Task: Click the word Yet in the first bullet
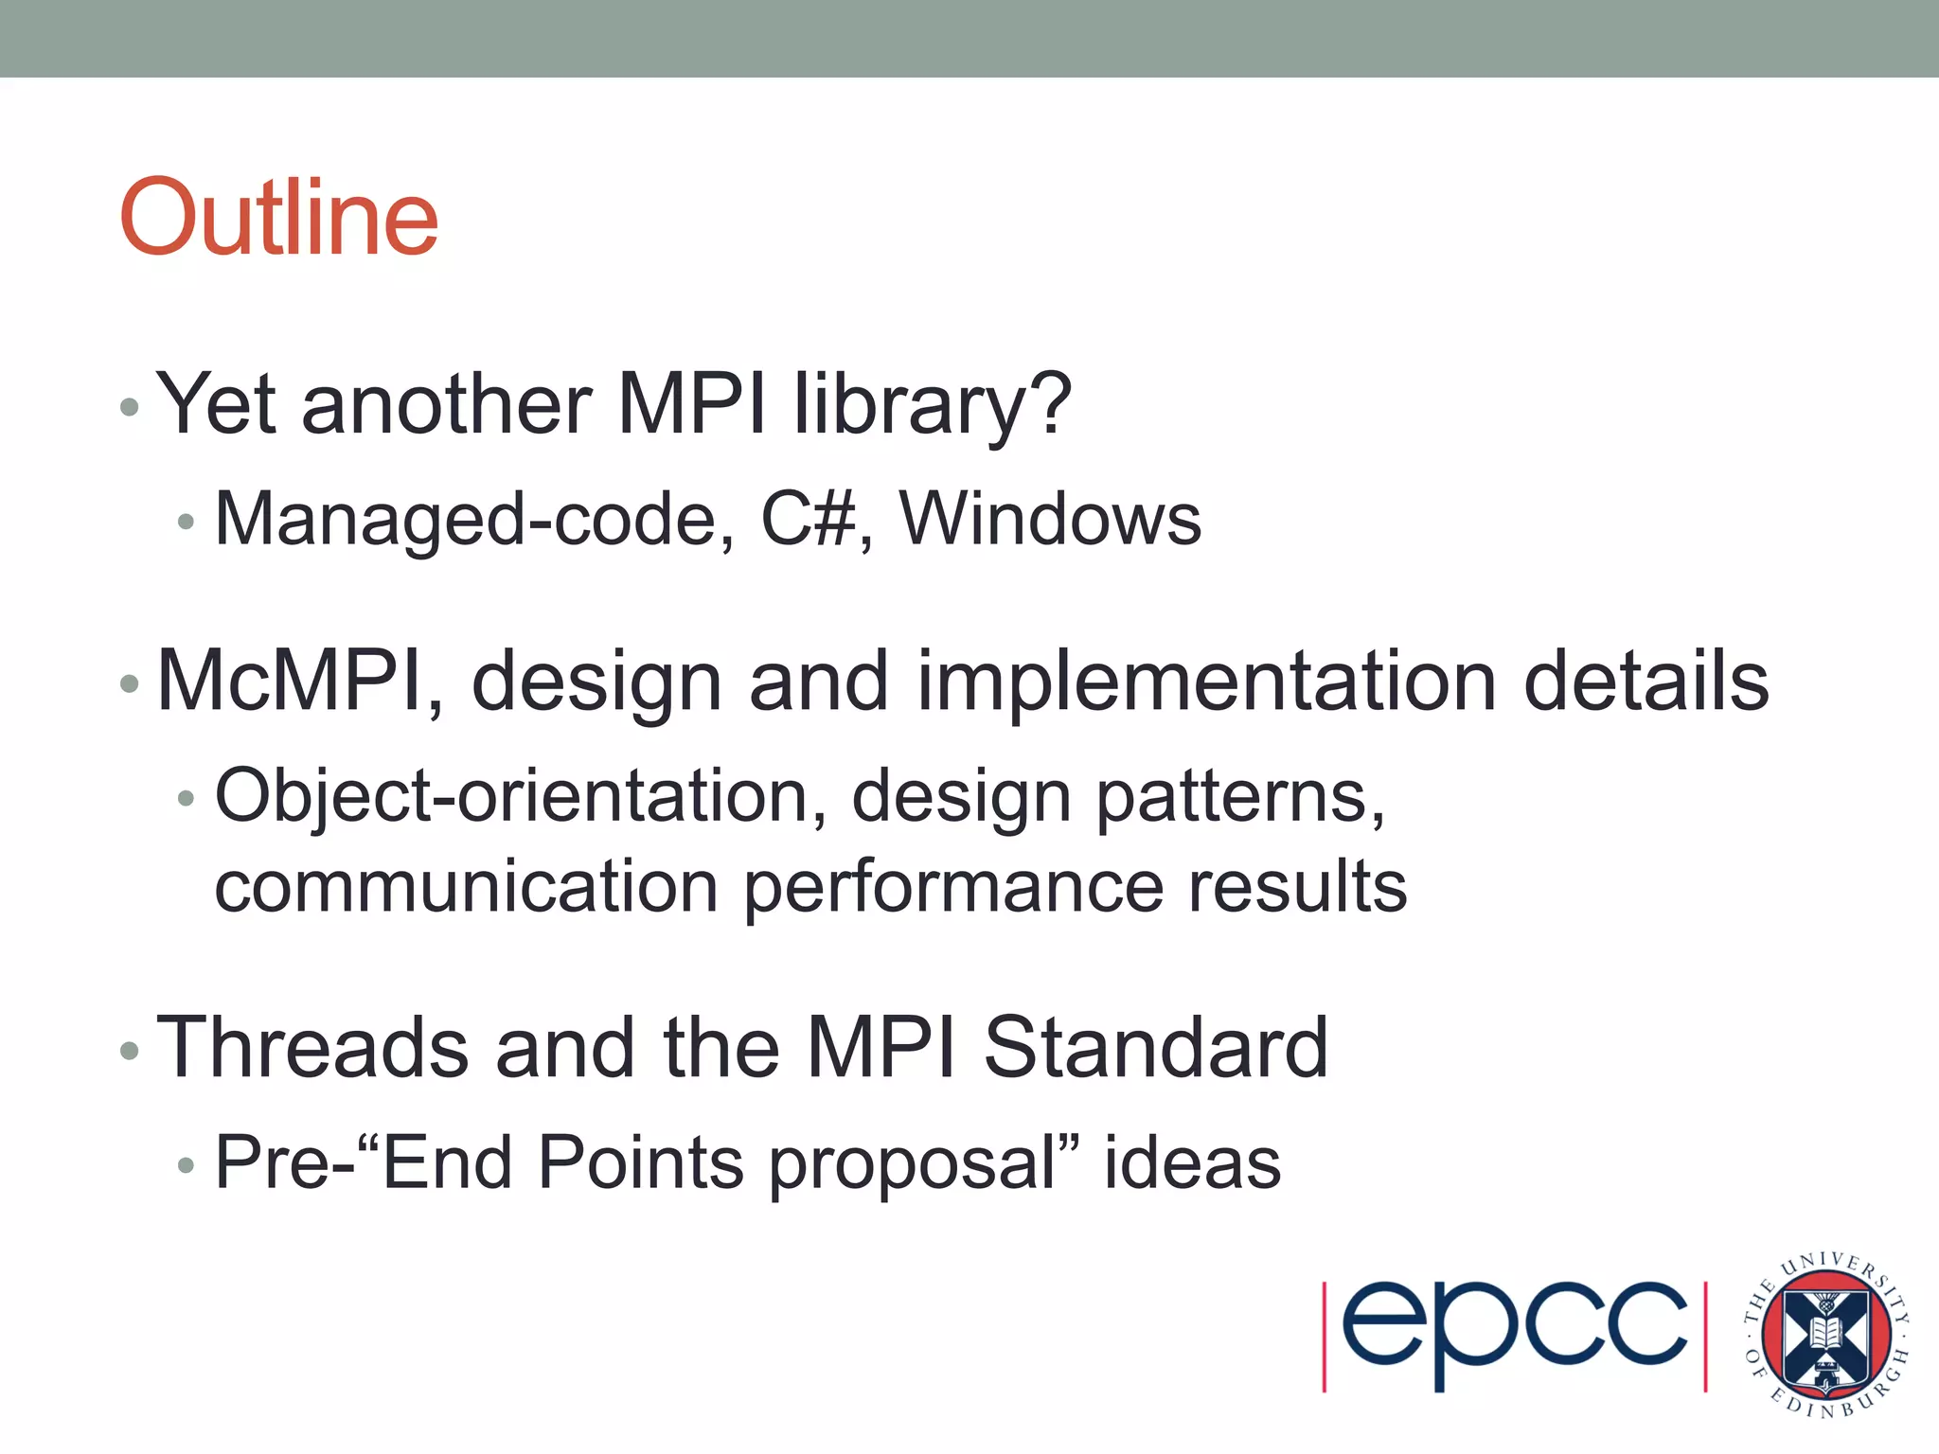pos(216,404)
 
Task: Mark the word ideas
pos(1192,1162)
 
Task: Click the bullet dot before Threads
pos(130,1051)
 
